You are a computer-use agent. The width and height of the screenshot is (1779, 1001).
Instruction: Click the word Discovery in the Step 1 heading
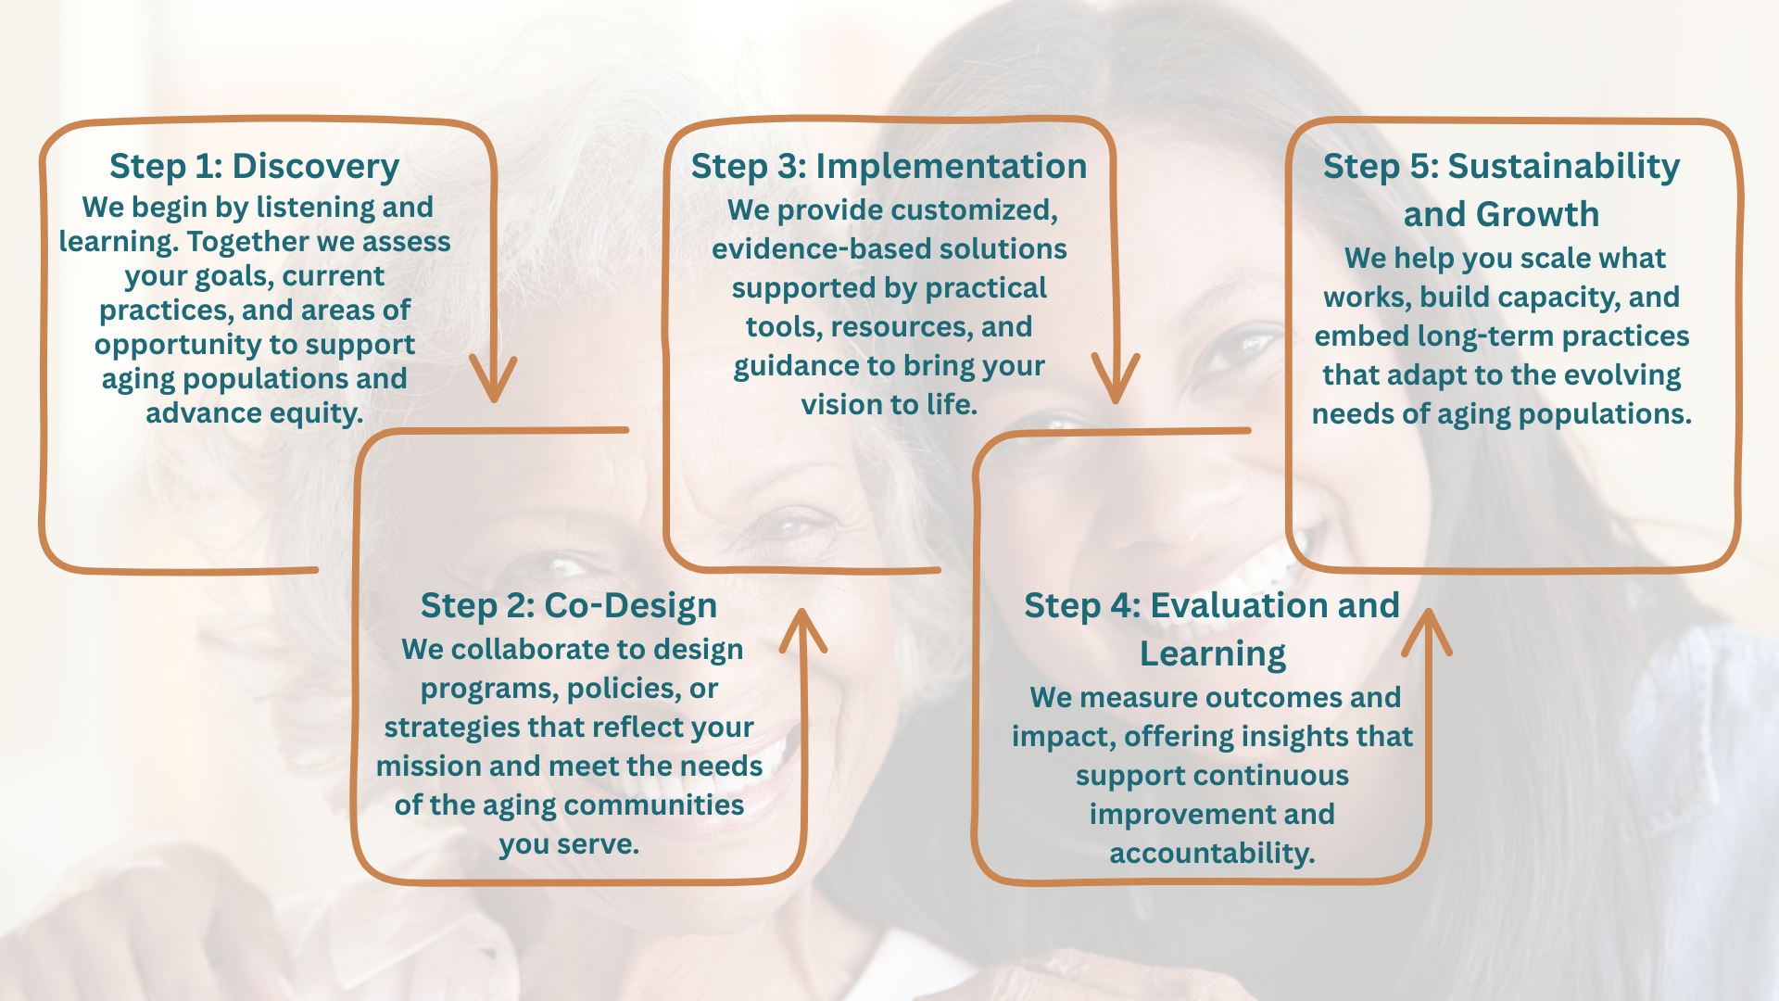tap(315, 167)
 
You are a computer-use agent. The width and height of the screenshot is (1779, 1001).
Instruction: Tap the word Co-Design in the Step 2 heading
tap(630, 606)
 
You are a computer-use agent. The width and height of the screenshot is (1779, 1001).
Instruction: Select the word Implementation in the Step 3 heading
tap(951, 167)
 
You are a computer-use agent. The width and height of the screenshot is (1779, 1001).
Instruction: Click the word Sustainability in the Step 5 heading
tap(1563, 167)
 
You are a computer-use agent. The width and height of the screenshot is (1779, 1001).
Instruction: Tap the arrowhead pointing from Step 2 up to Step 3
tap(802, 630)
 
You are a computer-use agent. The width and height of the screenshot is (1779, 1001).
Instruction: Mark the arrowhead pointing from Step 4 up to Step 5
tap(1427, 630)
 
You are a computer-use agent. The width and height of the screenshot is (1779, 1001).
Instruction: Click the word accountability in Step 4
tap(1212, 854)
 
